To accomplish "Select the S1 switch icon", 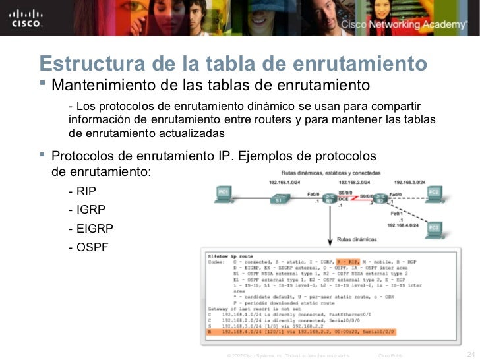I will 278,197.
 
